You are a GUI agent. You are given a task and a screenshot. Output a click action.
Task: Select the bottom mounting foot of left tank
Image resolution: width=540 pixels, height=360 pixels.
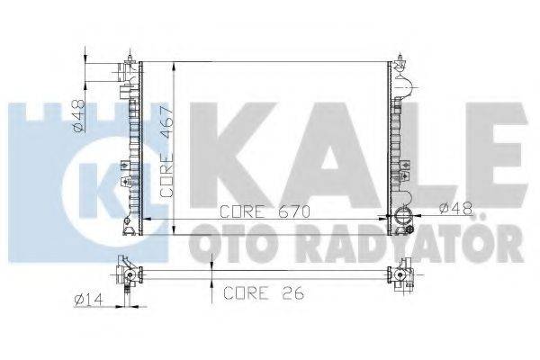click(132, 229)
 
